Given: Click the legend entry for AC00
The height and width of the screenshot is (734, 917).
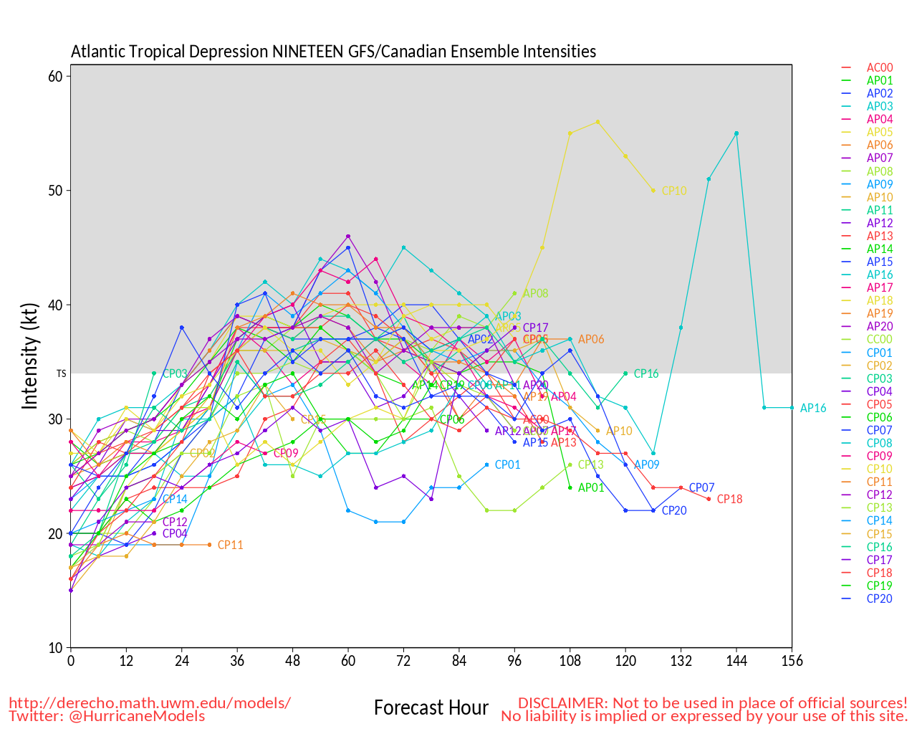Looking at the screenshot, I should point(880,68).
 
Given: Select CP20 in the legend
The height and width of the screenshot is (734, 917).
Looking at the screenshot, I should point(880,599).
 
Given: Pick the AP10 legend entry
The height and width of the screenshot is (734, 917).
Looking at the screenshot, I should point(880,197).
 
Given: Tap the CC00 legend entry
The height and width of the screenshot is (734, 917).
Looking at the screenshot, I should point(880,339).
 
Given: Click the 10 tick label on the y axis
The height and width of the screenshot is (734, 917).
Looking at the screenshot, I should point(55,648).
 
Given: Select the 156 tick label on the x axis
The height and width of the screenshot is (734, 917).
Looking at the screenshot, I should point(792,661).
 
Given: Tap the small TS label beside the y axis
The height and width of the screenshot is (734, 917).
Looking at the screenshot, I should point(62,373).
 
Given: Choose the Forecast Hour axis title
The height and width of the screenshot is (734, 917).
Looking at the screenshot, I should point(431,708).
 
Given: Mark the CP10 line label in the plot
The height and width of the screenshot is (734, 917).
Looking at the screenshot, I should point(674,191).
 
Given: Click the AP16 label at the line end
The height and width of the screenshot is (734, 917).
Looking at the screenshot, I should point(813,409).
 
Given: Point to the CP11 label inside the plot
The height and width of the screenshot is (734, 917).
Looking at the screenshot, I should point(230,545).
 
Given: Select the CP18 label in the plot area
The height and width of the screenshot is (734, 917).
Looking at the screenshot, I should point(729,500).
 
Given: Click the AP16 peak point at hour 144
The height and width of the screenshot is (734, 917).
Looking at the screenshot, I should point(736,133).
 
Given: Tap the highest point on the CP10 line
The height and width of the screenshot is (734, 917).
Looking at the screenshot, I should point(597,122).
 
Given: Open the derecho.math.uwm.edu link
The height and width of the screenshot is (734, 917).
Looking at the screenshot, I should point(150,702).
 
